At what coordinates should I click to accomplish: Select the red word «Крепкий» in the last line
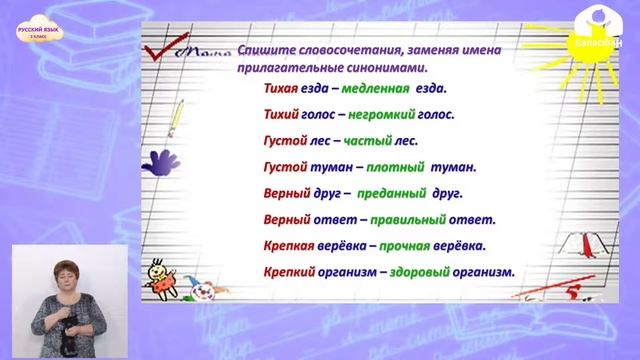pyautogui.click(x=291, y=271)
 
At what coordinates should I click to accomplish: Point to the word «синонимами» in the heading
pyautogui.click(x=385, y=66)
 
